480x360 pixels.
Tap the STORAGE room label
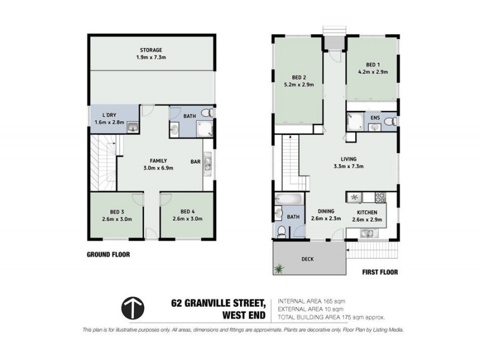(151, 50)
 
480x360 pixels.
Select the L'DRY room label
(109, 115)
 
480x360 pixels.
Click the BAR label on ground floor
(195, 161)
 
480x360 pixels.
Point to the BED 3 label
(117, 211)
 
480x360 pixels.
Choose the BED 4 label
(187, 211)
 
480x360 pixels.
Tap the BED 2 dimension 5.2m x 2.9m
(299, 85)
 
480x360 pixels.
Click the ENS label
(376, 118)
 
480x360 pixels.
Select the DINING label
(326, 211)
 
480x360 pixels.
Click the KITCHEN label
(367, 212)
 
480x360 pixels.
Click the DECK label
(308, 259)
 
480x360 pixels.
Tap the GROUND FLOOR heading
(108, 254)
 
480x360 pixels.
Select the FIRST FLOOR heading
(380, 272)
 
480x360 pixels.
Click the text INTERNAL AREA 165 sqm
(311, 301)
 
